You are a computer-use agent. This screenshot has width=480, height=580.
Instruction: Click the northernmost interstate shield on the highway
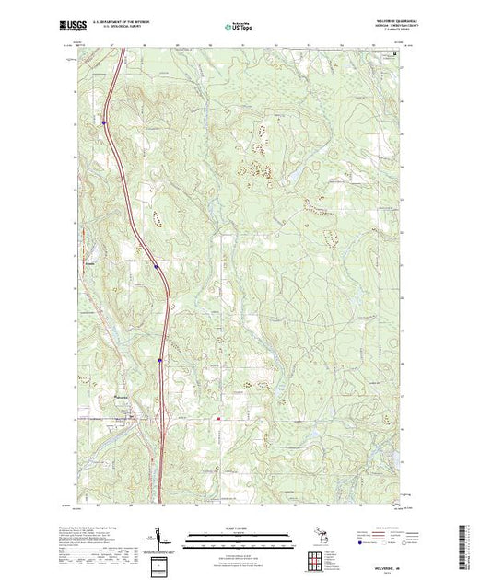point(104,121)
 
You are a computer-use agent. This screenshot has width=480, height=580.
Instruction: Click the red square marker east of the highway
point(218,421)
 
